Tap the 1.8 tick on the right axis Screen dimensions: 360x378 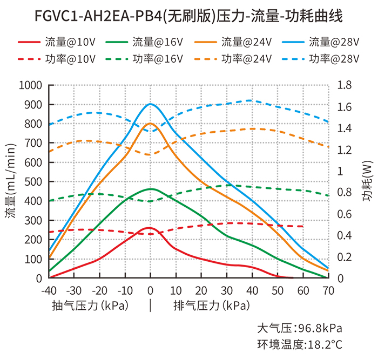tap(343, 85)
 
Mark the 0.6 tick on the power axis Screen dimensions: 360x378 tap(343, 214)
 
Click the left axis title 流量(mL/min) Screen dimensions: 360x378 tap(11, 182)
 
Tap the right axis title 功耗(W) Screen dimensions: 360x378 tap(367, 182)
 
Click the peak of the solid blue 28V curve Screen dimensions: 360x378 tap(150, 104)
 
